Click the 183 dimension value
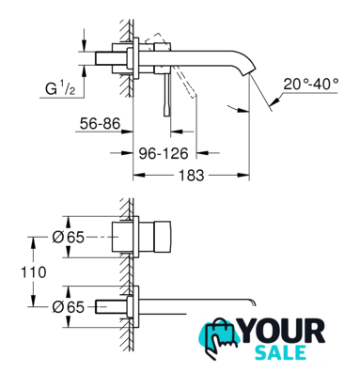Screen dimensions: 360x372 click(191, 175)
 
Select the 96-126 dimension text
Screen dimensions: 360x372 click(164, 153)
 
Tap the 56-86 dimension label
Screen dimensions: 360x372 click(100, 124)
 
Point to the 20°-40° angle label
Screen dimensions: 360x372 click(311, 84)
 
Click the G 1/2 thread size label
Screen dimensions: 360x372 click(60, 89)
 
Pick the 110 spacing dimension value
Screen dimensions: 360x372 click(34, 272)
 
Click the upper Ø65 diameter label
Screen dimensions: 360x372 click(69, 238)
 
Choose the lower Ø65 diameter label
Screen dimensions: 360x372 click(69, 307)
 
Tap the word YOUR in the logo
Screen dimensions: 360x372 click(283, 331)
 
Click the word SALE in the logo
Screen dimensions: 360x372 click(280, 352)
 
